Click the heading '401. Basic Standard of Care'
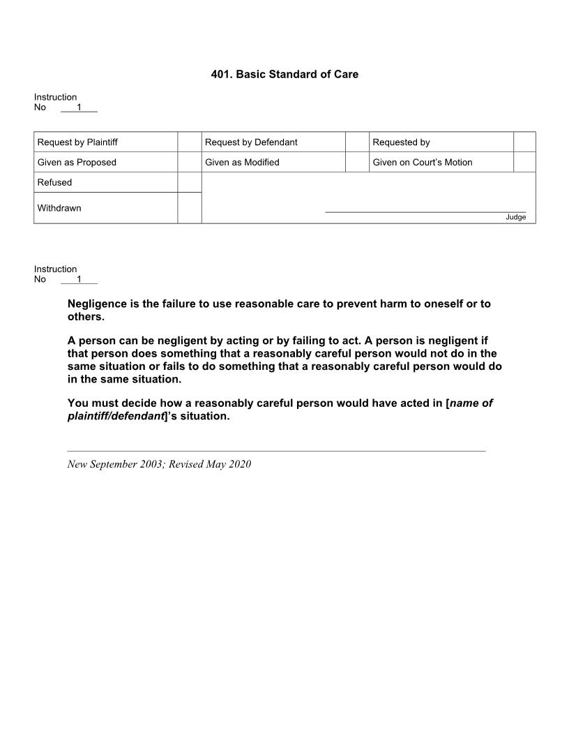pyautogui.click(x=284, y=74)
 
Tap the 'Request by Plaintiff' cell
pyautogui.click(x=77, y=142)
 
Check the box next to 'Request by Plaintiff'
pyautogui.click(x=189, y=142)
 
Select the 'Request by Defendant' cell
pyautogui.click(x=251, y=142)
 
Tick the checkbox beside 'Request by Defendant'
pyautogui.click(x=357, y=142)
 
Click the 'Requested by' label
pyautogui.click(x=401, y=142)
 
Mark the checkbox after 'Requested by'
pyautogui.click(x=524, y=142)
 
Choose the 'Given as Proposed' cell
pyautogui.click(x=77, y=163)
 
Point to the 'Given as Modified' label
pyautogui.click(x=242, y=163)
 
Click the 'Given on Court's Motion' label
pyautogui.click(x=422, y=163)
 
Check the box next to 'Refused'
pyautogui.click(x=189, y=182)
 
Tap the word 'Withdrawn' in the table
pyautogui.click(x=59, y=208)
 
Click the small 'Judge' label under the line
pyautogui.click(x=516, y=217)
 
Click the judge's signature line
pyautogui.click(x=425, y=211)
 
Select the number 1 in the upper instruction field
pyautogui.click(x=79, y=107)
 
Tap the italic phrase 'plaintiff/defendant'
pyautogui.click(x=114, y=416)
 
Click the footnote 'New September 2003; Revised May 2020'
pyautogui.click(x=159, y=464)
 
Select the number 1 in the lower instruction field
pyautogui.click(x=79, y=279)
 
